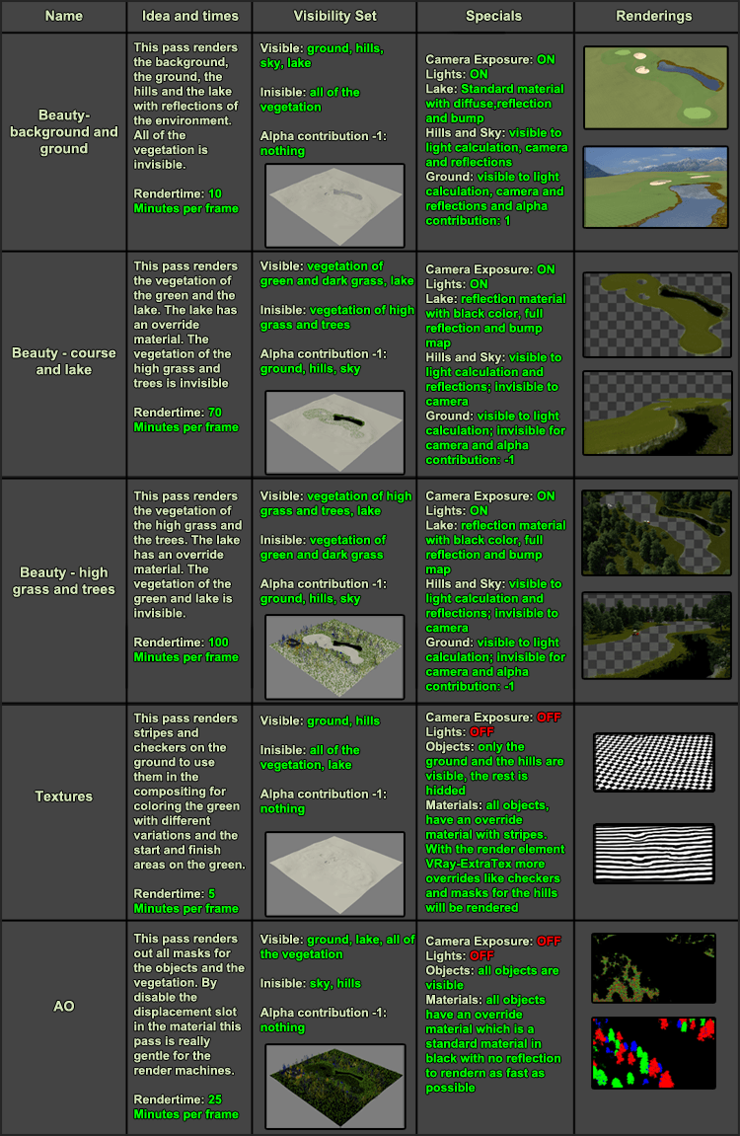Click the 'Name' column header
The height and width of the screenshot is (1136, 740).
64,16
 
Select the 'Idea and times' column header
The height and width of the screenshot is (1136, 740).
189,16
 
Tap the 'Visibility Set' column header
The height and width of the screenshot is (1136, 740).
333,16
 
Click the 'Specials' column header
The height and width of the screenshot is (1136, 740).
494,16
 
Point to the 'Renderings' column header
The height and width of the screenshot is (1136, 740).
653,16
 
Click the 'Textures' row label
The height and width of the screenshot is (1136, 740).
64,796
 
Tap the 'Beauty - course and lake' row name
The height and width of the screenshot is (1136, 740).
64,361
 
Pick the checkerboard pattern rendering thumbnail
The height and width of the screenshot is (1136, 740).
653,761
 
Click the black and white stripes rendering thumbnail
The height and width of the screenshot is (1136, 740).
653,854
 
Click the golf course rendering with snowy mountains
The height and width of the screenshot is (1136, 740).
653,187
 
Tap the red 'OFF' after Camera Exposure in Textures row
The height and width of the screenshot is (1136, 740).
549,718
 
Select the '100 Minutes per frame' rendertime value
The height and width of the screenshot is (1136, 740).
186,649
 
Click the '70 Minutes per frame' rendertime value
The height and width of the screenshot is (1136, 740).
186,419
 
